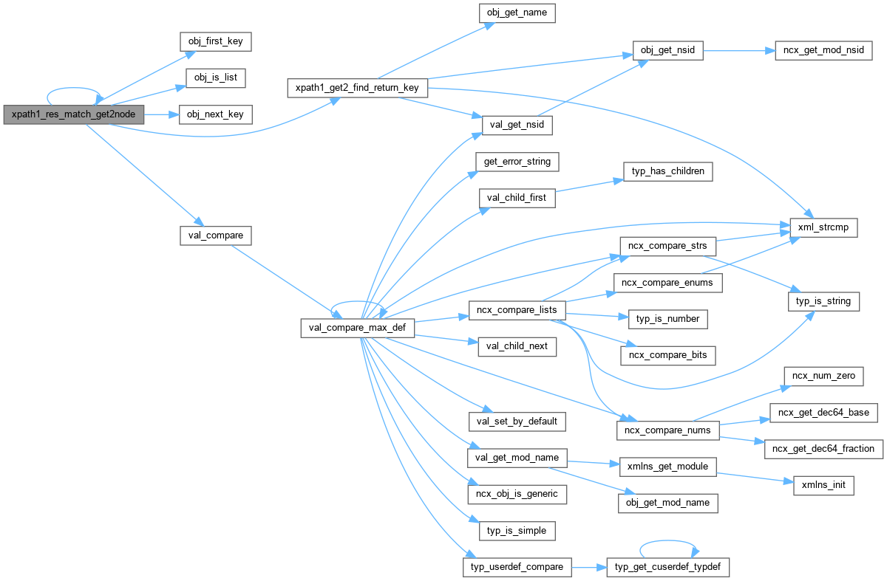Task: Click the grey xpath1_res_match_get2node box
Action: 73,114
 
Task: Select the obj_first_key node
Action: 215,41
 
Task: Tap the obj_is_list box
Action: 215,78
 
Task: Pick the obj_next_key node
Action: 215,114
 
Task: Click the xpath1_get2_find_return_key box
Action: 357,88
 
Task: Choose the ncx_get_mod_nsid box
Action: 823,51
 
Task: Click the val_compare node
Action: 215,236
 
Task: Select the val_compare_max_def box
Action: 357,328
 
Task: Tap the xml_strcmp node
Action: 823,227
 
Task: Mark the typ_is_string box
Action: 823,300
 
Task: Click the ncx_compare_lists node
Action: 517,310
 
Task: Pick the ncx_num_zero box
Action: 823,376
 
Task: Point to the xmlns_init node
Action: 823,486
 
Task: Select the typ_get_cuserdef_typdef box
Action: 667,567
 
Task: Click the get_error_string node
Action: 517,161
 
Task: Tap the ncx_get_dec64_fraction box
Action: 823,448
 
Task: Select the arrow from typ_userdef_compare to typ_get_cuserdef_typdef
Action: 588,567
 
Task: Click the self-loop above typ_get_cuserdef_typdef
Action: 667,543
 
